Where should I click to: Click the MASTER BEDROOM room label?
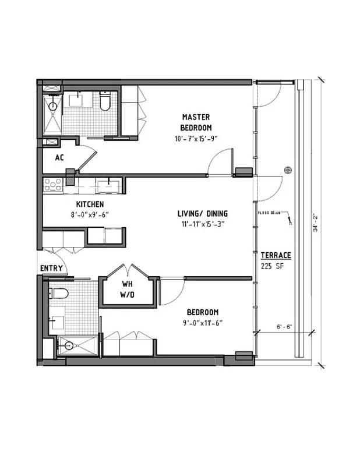point(196,122)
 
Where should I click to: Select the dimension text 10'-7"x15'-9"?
point(195,139)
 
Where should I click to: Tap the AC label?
point(59,158)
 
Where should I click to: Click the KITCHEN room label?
point(90,204)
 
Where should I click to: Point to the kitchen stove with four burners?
point(53,185)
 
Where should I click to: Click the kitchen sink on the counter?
point(109,186)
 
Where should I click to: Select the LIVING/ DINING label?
point(203,213)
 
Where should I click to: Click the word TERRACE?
point(276,255)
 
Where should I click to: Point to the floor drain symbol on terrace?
point(287,170)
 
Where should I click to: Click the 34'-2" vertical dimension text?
point(315,222)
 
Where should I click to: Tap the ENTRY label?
point(51,268)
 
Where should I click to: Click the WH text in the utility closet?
point(128,284)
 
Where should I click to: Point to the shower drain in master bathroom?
point(52,106)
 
